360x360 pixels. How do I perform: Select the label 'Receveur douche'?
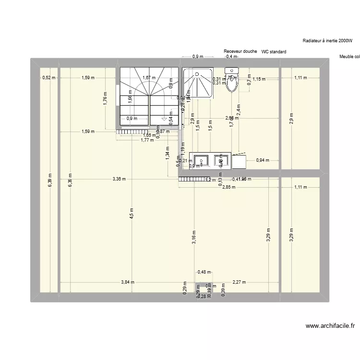[x=240, y=51]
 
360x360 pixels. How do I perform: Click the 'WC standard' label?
[x=274, y=52]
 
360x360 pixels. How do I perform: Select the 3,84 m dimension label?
[x=128, y=282]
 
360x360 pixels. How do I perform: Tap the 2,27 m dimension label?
[x=239, y=282]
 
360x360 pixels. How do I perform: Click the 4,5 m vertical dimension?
[x=132, y=213]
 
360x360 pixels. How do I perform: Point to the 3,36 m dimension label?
[x=119, y=179]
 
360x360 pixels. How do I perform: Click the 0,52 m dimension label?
[x=49, y=77]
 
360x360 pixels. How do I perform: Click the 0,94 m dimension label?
[x=263, y=160]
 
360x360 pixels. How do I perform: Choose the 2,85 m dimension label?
[x=229, y=187]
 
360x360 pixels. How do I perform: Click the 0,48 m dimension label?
[x=204, y=273]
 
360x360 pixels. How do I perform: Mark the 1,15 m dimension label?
[x=259, y=79]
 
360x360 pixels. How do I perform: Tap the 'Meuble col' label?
[x=349, y=57]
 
